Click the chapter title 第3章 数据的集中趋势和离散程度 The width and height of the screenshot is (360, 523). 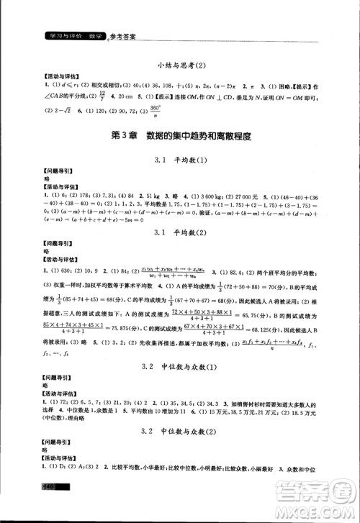180,135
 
